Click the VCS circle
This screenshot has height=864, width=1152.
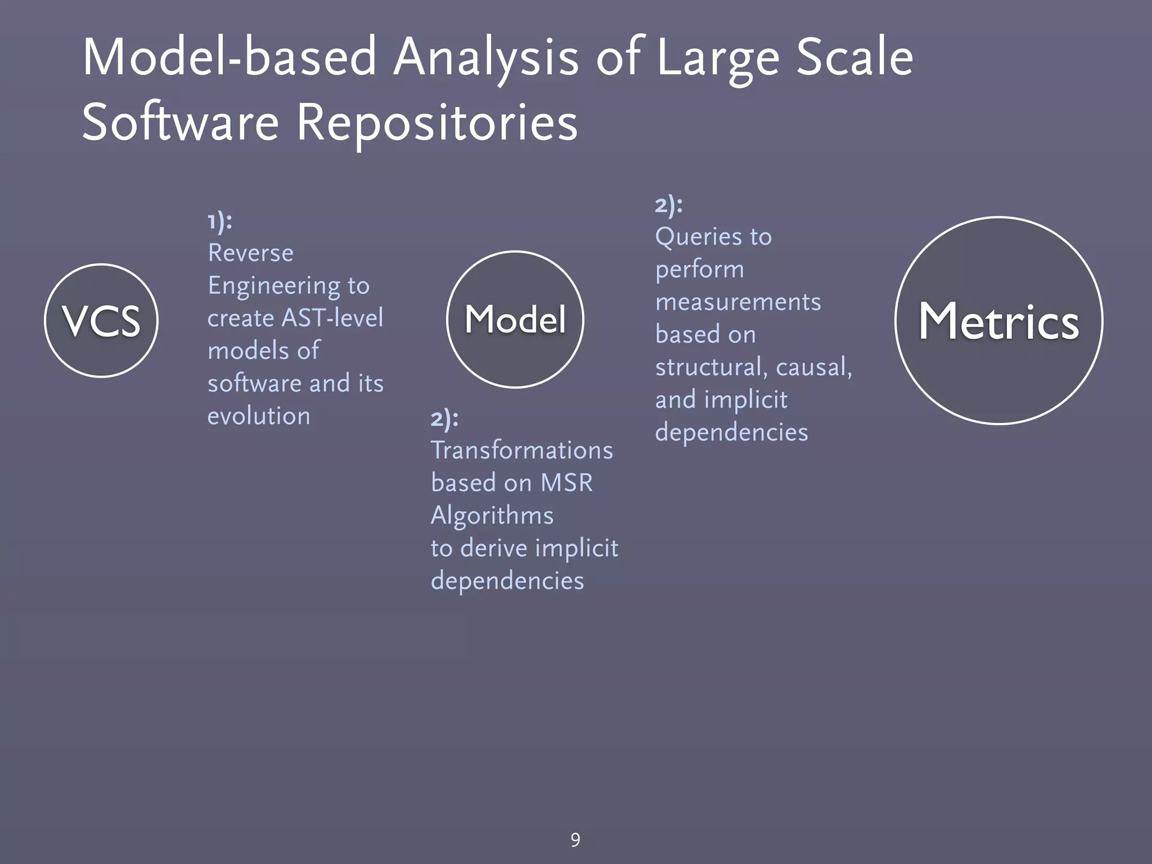[101, 321]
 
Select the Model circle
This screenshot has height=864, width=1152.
[515, 319]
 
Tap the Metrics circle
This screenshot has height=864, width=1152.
[998, 321]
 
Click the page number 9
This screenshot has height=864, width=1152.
[575, 840]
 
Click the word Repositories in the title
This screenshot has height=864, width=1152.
[436, 122]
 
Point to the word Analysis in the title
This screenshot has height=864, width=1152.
[485, 58]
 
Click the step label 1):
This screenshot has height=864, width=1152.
[219, 221]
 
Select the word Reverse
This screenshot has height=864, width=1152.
[250, 253]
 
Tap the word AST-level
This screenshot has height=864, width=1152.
[332, 318]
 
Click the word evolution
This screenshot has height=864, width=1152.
[259, 416]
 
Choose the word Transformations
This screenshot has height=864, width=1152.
[521, 451]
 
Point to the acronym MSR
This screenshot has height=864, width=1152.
[566, 483]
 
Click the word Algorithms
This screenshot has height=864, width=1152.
[492, 516]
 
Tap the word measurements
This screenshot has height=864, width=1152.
[737, 302]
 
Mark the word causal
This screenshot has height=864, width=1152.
[813, 367]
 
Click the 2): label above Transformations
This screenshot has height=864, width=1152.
[444, 418]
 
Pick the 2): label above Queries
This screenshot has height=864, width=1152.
[669, 205]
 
